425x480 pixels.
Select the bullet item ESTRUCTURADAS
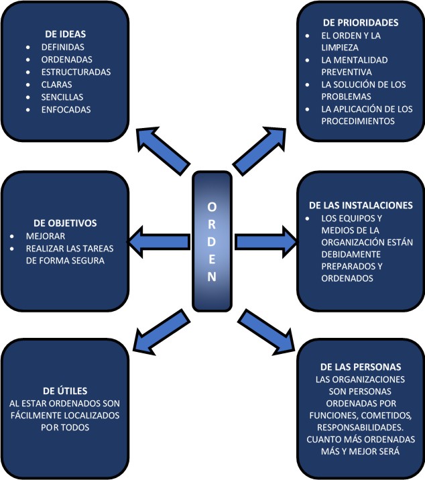[76, 72]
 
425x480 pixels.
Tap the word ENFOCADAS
[66, 109]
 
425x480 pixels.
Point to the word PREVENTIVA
[347, 72]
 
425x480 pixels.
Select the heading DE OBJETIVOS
[65, 223]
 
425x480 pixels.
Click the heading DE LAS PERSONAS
[361, 367]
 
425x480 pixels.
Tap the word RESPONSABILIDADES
[361, 426]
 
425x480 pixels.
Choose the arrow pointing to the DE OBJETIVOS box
[158, 241]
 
